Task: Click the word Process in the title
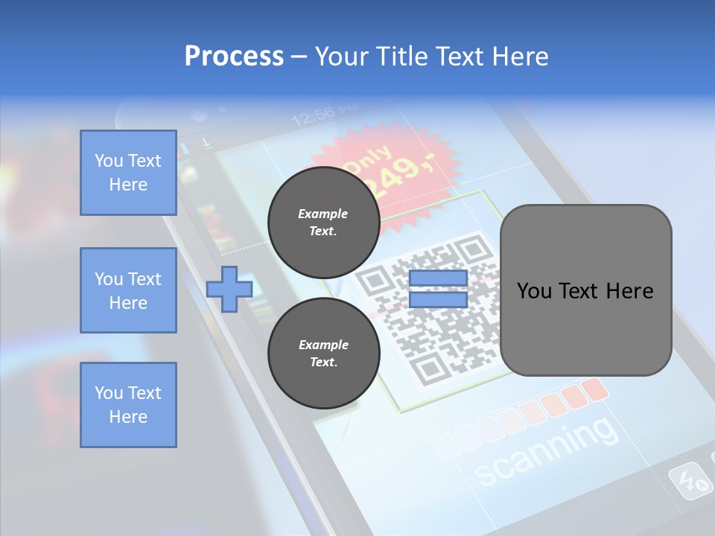pyautogui.click(x=234, y=57)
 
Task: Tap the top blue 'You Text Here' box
pyautogui.click(x=128, y=173)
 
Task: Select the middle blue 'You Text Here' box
pyautogui.click(x=128, y=290)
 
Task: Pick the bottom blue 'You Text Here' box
pyautogui.click(x=128, y=405)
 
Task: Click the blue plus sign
pyautogui.click(x=229, y=289)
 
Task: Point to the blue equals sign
pyautogui.click(x=438, y=289)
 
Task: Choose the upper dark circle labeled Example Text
pyautogui.click(x=323, y=222)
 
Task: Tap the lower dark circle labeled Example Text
pyautogui.click(x=323, y=353)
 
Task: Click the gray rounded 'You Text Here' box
pyautogui.click(x=585, y=290)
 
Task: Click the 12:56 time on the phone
pyautogui.click(x=312, y=116)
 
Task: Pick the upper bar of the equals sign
pyautogui.click(x=438, y=278)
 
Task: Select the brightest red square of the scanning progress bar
pyautogui.click(x=594, y=389)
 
